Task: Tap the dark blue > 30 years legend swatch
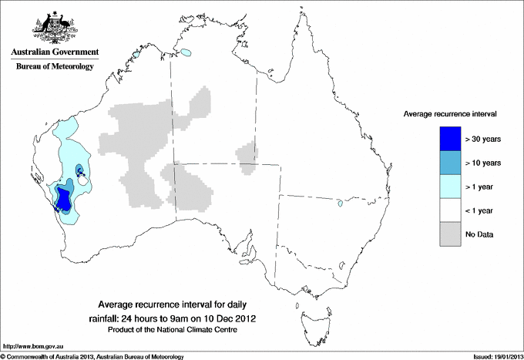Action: click(x=445, y=139)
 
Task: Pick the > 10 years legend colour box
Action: click(x=445, y=163)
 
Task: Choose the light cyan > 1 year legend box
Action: click(x=445, y=187)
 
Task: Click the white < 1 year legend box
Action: click(x=445, y=210)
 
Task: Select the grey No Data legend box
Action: click(x=445, y=234)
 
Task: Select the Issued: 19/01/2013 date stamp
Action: click(x=492, y=355)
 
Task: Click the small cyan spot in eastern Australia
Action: click(x=339, y=204)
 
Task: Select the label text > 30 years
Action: click(x=483, y=139)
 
